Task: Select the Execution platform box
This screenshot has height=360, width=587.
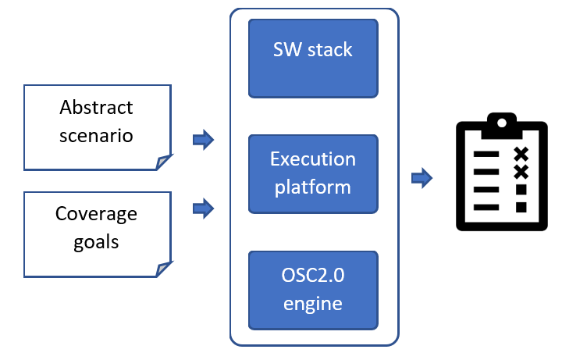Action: [312, 173]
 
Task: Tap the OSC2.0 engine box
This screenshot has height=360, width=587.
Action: [312, 290]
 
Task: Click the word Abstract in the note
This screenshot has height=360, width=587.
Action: [96, 107]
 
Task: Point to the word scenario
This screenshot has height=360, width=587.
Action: [96, 135]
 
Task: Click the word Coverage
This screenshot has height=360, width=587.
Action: [96, 213]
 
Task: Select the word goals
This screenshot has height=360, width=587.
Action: [96, 241]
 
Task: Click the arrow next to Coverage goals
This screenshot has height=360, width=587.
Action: [203, 209]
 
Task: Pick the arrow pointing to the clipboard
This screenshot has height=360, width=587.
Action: [422, 178]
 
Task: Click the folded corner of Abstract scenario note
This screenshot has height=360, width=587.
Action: [162, 162]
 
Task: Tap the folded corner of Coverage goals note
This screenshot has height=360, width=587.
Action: [162, 269]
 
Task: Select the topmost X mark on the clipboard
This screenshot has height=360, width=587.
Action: [521, 153]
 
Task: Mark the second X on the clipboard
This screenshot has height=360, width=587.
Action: [521, 171]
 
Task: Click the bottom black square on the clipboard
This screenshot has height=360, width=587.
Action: [521, 207]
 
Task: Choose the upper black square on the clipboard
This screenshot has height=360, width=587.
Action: [521, 190]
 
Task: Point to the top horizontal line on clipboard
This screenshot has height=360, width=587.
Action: [486, 154]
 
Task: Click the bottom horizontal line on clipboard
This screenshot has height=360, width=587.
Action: [486, 207]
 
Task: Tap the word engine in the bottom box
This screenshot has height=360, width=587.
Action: [312, 303]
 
